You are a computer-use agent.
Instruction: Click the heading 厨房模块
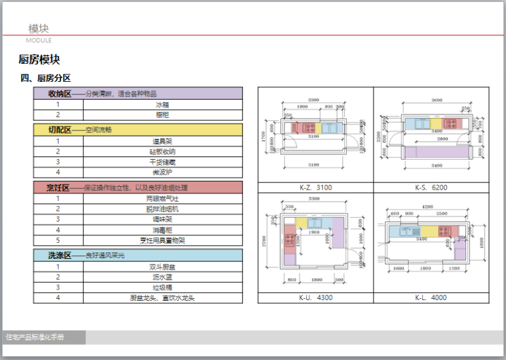point(43,60)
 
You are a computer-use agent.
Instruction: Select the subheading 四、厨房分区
point(46,79)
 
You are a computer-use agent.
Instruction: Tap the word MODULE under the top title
point(39,41)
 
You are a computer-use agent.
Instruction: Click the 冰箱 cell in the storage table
point(162,104)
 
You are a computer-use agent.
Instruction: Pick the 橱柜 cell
point(162,115)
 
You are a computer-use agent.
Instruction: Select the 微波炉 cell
point(162,172)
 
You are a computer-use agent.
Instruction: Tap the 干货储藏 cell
point(162,162)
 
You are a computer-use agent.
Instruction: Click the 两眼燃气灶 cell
point(162,198)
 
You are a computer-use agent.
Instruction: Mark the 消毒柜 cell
point(162,230)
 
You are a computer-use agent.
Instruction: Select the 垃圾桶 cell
point(162,287)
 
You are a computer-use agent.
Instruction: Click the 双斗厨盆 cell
point(162,267)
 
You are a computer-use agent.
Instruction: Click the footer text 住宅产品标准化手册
point(35,337)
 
